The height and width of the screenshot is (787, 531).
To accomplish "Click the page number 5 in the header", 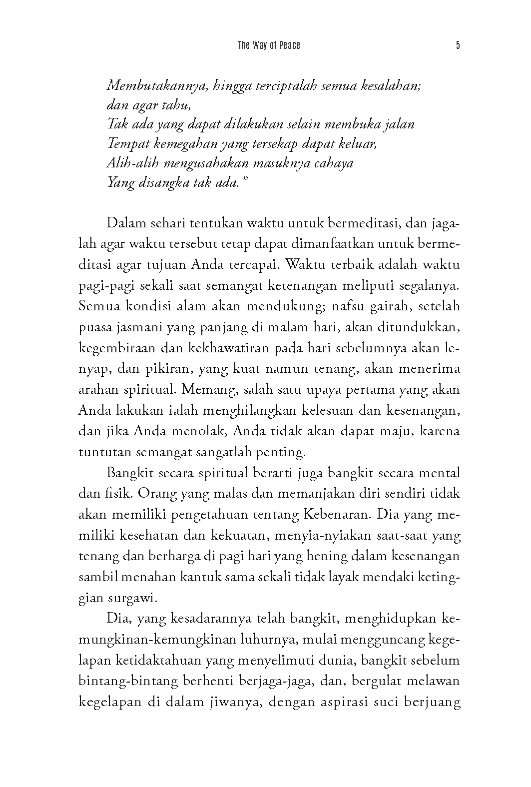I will point(458,45).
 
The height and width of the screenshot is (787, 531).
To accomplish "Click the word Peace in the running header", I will point(290,45).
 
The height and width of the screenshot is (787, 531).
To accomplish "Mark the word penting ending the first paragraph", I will point(280,452).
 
